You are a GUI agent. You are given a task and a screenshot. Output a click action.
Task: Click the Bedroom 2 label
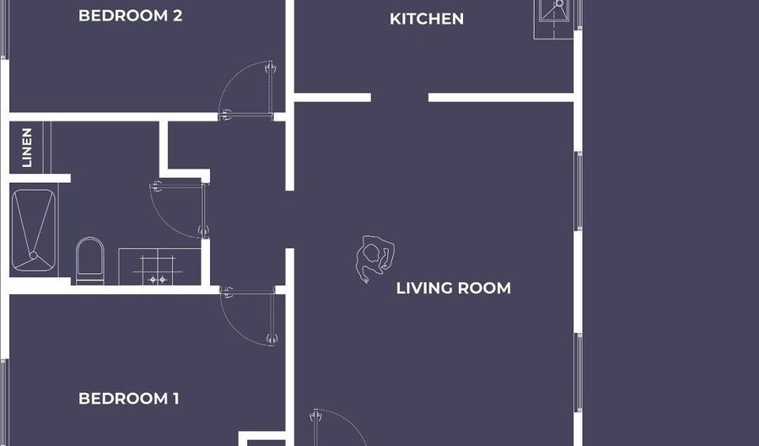click(x=130, y=15)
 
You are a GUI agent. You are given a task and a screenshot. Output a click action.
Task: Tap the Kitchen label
click(x=427, y=19)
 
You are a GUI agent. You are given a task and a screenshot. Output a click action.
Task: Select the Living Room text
click(x=453, y=287)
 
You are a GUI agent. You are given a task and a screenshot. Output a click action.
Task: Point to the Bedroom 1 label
click(x=129, y=399)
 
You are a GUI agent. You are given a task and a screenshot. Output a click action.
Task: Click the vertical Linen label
click(x=27, y=148)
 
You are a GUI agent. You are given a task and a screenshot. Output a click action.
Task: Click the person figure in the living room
click(x=374, y=258)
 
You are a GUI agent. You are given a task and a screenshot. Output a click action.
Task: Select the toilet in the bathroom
click(x=90, y=261)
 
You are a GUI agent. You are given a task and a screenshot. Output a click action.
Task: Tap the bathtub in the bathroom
click(x=34, y=230)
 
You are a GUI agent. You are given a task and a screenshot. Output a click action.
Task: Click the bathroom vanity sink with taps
click(x=159, y=266)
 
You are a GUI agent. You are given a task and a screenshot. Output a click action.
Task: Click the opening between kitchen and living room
click(x=400, y=98)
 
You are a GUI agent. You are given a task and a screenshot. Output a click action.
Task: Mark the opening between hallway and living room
click(x=290, y=219)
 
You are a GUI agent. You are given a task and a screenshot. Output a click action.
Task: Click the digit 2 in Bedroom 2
click(x=177, y=15)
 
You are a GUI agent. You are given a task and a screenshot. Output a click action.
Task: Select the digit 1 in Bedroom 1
click(x=175, y=399)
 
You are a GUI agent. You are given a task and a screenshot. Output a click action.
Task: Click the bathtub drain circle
click(x=33, y=255)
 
